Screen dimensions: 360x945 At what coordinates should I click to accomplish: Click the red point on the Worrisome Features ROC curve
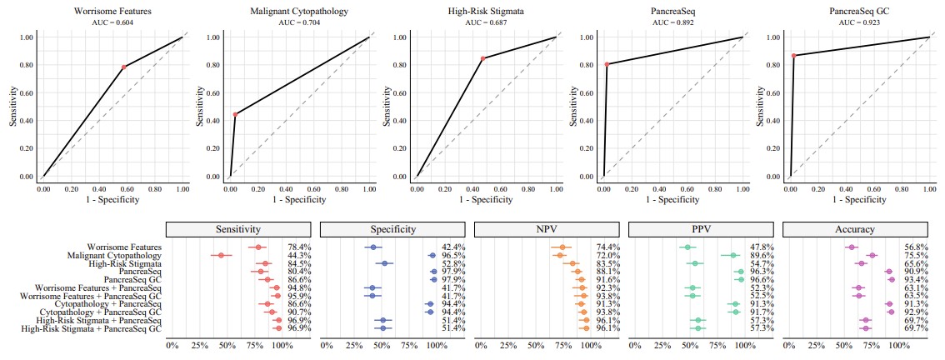pyautogui.click(x=124, y=67)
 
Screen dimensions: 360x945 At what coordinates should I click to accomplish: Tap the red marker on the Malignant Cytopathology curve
pyautogui.click(x=236, y=114)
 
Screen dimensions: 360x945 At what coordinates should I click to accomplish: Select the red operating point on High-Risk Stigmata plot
pyautogui.click(x=482, y=58)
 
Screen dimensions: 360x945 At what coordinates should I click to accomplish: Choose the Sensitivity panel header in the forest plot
pyautogui.click(x=237, y=229)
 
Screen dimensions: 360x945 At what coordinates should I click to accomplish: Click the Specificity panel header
pyautogui.click(x=391, y=229)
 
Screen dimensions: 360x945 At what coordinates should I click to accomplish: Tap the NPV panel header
pyautogui.click(x=545, y=229)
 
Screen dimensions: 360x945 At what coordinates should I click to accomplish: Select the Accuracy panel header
pyautogui.click(x=853, y=229)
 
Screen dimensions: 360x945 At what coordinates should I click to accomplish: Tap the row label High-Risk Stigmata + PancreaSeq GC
pyautogui.click(x=92, y=328)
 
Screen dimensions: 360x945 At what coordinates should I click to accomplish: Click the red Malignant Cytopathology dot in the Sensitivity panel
pyautogui.click(x=220, y=256)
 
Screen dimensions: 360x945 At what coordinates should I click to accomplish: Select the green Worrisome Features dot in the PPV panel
pyautogui.click(x=687, y=247)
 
